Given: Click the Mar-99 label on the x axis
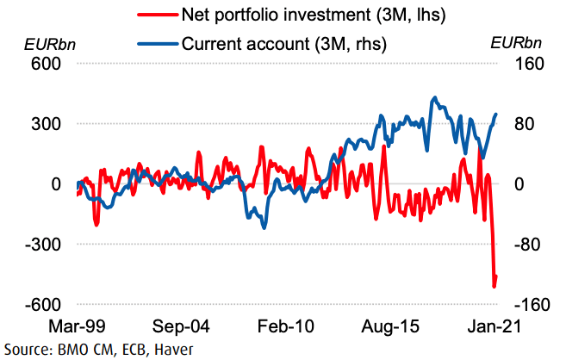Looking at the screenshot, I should (x=78, y=328).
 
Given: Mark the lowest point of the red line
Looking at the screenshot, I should (x=494, y=286).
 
